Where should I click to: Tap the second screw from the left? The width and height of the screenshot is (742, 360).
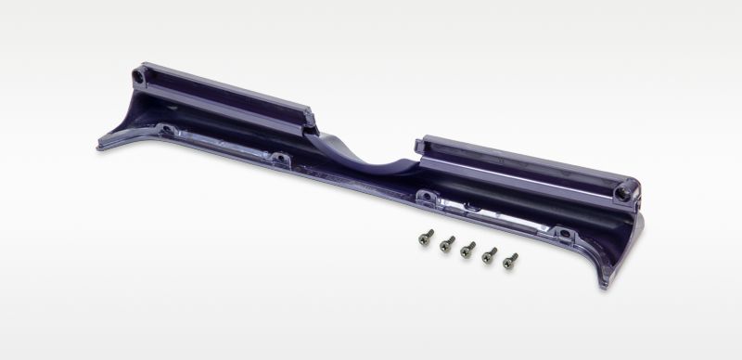click(446, 244)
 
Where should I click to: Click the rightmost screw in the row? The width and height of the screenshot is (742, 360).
click(510, 261)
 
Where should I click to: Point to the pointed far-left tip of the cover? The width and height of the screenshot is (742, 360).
click(100, 146)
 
